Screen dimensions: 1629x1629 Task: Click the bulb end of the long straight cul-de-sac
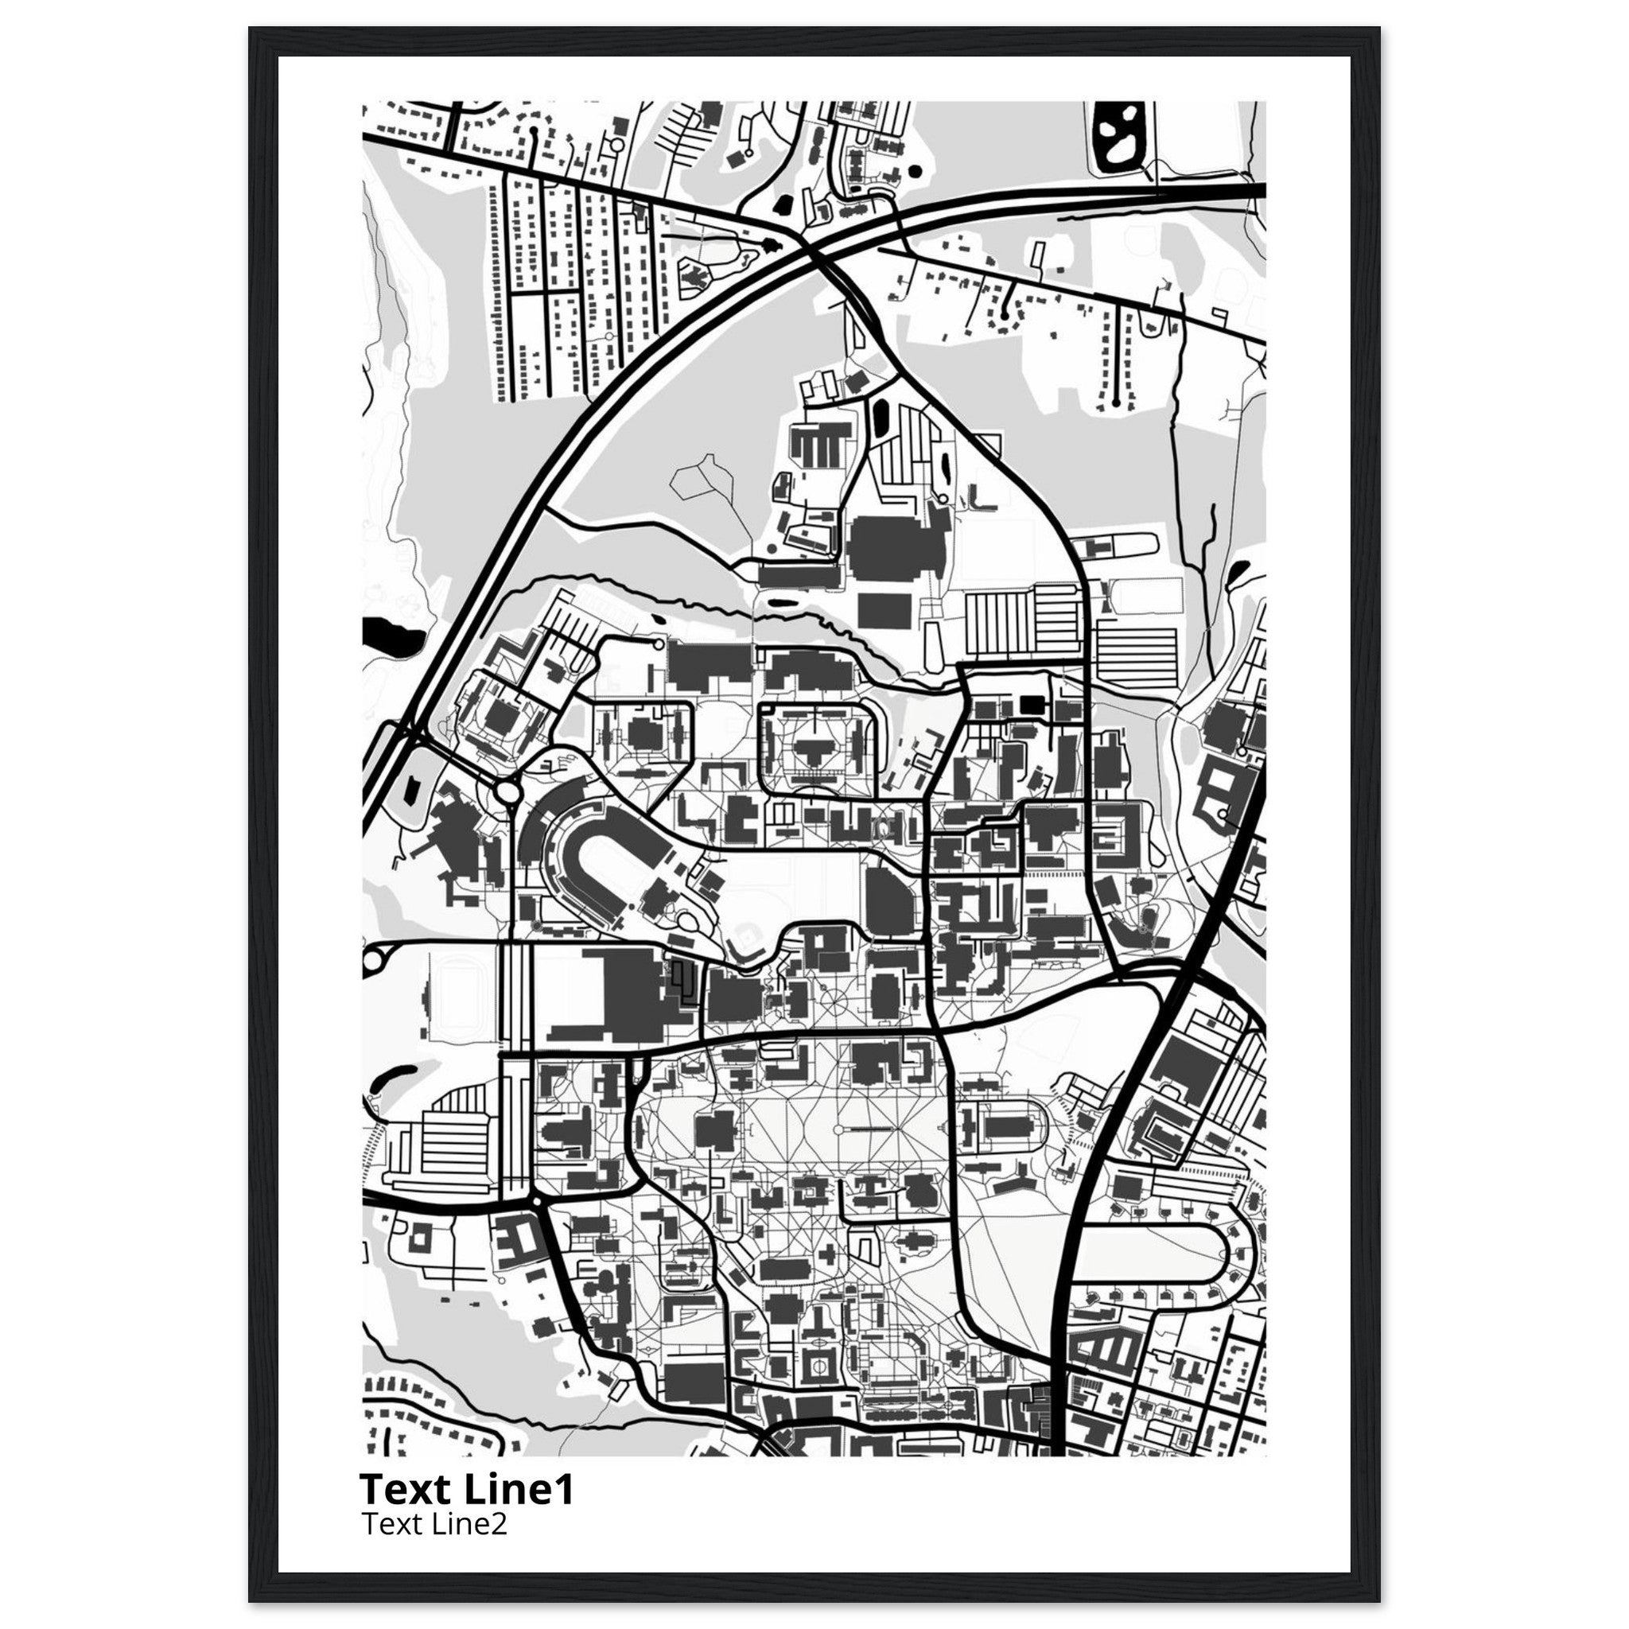(x=1118, y=403)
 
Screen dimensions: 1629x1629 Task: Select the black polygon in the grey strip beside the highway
(x=411, y=787)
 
